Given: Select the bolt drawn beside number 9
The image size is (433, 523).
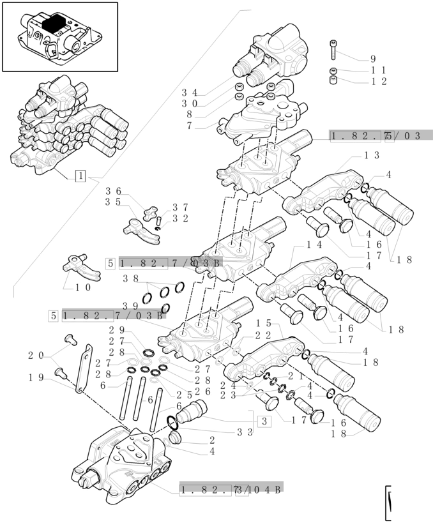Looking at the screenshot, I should [x=333, y=50].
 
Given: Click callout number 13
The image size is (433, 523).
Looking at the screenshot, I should [x=372, y=155].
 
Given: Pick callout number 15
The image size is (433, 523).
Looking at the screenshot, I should [x=264, y=324].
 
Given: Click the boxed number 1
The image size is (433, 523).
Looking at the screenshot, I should [x=80, y=176].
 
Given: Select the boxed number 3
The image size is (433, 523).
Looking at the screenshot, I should [x=263, y=421].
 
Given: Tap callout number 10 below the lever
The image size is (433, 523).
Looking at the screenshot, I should [x=83, y=287].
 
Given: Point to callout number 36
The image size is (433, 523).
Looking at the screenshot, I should [x=114, y=190].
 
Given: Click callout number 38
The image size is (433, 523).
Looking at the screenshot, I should [x=131, y=278].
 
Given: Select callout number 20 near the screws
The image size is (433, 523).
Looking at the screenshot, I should [x=35, y=355].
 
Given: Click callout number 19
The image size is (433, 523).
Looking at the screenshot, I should [x=35, y=377].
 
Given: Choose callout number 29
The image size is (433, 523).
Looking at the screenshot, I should [x=116, y=330].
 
